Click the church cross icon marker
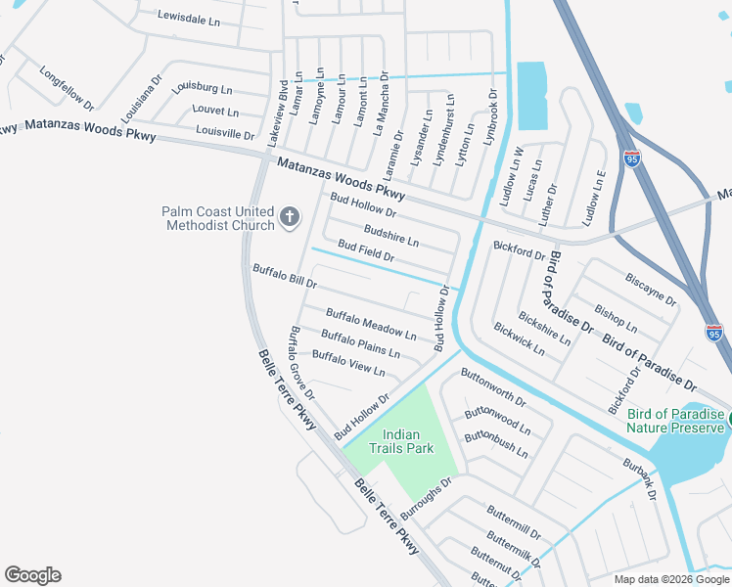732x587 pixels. [290, 216]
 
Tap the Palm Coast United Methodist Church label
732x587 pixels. [218, 219]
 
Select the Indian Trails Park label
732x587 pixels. [401, 441]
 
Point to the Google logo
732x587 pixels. [32, 575]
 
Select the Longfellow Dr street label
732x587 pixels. [67, 88]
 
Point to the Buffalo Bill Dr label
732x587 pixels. [285, 276]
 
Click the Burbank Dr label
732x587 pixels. [637, 475]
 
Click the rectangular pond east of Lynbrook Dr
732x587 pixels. [531, 96]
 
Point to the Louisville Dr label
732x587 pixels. [225, 131]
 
